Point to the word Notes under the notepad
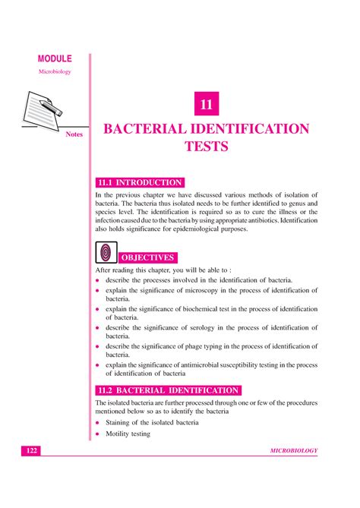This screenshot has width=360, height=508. click(74, 135)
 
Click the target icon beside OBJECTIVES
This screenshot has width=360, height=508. click(106, 252)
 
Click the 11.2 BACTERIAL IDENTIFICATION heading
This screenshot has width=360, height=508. click(169, 390)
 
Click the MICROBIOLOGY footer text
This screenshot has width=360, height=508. click(293, 451)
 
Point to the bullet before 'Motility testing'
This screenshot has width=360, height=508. click(98, 434)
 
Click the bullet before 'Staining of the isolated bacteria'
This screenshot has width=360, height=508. click(98, 421)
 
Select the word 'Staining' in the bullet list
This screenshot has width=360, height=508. click(122, 421)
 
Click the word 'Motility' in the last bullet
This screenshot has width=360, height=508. click(120, 434)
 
